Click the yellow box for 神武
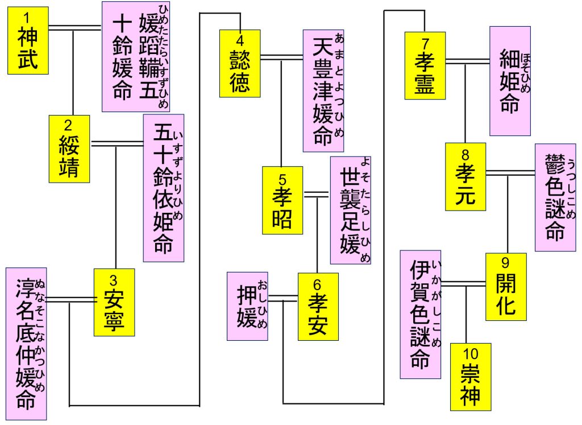coord(28,40)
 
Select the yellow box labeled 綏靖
coord(69,148)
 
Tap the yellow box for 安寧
coord(114,302)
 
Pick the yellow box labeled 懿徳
coord(240,63)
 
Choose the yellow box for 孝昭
coord(282,200)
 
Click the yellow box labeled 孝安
coord(318,307)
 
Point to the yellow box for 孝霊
coord(425,65)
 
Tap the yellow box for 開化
coord(506,287)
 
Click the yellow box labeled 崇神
coord(470,377)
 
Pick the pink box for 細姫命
coord(510,81)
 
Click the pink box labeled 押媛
coord(247,306)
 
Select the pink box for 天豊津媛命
coord(323,90)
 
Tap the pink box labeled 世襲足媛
coord(350,211)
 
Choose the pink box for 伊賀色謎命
coord(421,314)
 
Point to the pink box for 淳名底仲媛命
coord(26,344)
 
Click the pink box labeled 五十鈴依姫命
coord(164,188)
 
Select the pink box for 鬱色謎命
coord(555,197)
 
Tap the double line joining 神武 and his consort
coord(75,27)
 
